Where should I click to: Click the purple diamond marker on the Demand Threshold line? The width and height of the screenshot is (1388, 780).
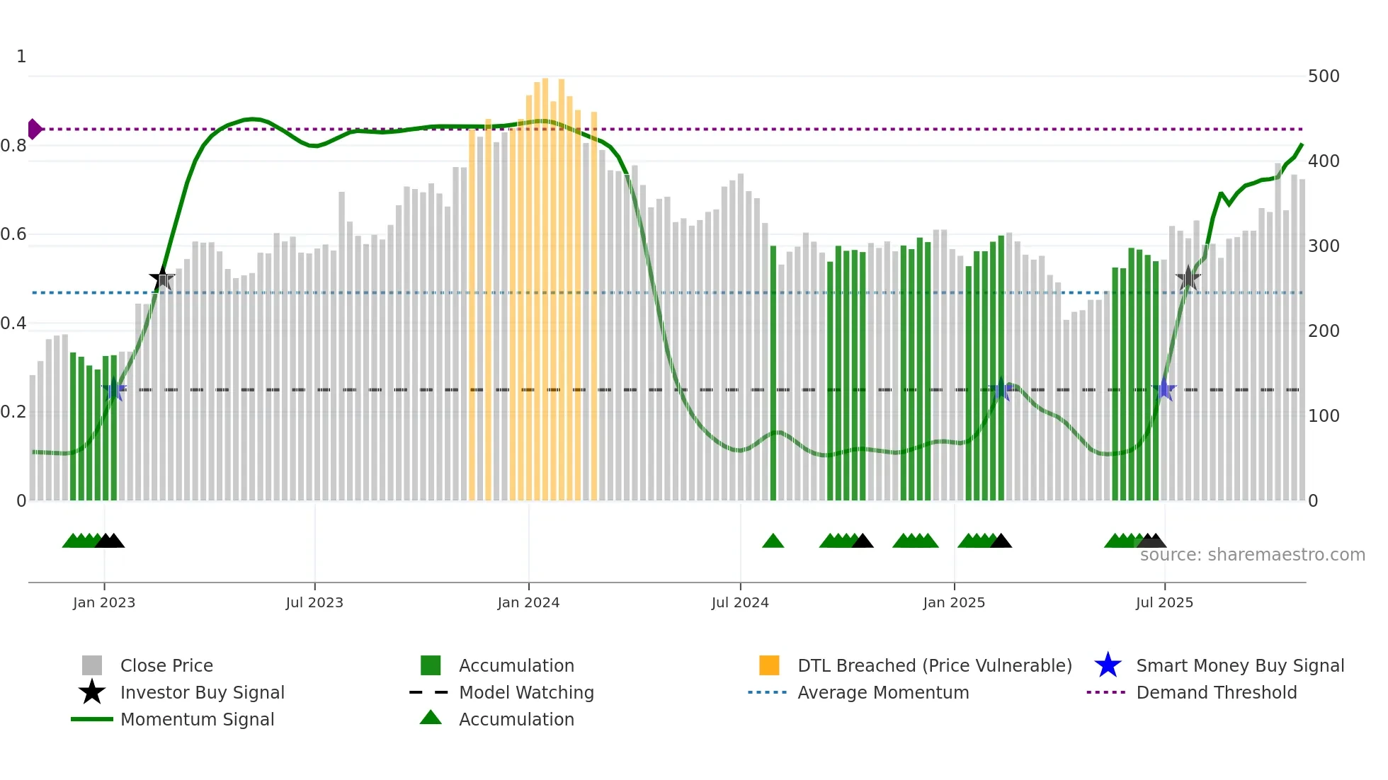point(34,130)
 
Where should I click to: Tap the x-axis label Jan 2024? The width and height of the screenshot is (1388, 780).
point(528,603)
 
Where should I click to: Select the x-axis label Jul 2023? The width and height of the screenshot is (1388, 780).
point(314,603)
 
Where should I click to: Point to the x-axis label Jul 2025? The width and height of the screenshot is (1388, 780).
point(1164,603)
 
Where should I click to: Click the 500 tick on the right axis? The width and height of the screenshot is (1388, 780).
point(1324,76)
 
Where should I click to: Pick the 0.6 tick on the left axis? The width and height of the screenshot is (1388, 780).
point(13,234)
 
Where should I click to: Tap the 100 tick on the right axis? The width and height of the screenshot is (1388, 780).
point(1324,416)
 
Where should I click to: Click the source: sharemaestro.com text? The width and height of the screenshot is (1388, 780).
point(1252,555)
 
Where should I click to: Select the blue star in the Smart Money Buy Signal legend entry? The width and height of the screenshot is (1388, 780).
point(1108,665)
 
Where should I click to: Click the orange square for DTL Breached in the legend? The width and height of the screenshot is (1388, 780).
point(769,665)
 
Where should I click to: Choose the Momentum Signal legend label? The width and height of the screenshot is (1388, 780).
point(197,720)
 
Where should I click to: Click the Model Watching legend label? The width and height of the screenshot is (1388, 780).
point(526,693)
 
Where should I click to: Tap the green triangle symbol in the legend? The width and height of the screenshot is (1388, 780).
point(431,718)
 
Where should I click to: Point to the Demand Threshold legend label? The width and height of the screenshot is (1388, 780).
point(1216,693)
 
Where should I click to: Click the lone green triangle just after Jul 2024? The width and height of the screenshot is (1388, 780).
point(773,541)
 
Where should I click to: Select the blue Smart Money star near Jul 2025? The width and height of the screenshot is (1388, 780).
point(1164,389)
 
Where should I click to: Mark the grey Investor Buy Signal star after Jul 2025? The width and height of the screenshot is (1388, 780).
point(1188,279)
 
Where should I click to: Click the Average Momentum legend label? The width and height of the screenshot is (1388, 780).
point(883,693)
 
